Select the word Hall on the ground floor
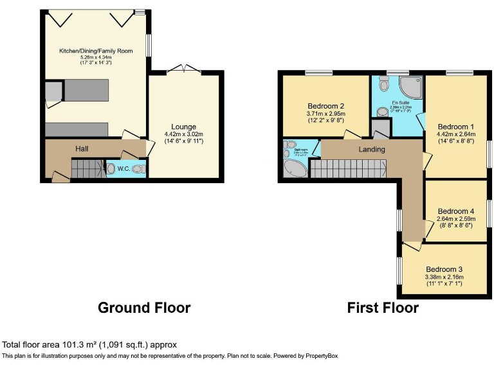click(82, 148)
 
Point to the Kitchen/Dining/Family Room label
click(96, 50)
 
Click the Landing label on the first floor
click(372, 150)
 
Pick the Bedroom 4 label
click(456, 211)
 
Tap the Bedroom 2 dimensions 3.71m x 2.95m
click(326, 115)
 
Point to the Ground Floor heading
click(144, 308)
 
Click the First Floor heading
click(383, 308)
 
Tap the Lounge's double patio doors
click(183, 69)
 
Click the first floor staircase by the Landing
click(348, 169)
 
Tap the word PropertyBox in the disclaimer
click(319, 355)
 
